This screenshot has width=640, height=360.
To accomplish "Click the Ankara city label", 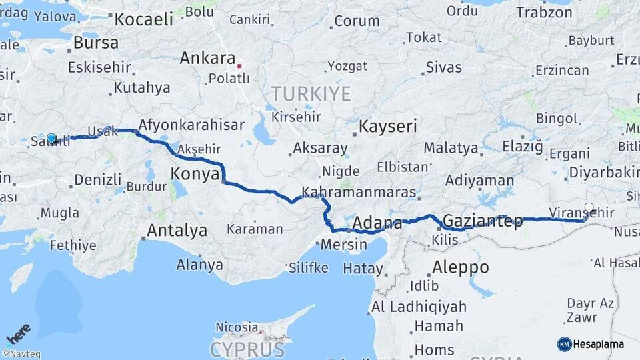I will [x=207, y=58].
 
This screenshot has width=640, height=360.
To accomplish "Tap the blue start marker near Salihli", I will [x=52, y=139].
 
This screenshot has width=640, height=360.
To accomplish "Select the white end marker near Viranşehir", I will [x=589, y=207].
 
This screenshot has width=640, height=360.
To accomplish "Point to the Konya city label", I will [x=195, y=174].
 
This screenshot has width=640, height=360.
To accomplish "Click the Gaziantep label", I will [x=483, y=221].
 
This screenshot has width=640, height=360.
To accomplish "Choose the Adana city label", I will [x=377, y=223].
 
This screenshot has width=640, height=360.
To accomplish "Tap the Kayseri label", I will [x=388, y=125].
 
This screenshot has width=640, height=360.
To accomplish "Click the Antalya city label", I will [x=177, y=231].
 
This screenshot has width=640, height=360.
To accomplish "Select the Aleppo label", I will [x=460, y=267].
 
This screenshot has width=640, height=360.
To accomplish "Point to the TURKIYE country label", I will [x=310, y=94].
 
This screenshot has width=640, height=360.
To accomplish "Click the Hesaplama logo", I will [x=591, y=344].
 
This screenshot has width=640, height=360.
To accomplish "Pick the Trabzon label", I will [x=545, y=13].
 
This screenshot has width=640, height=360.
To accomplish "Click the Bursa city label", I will [x=96, y=43].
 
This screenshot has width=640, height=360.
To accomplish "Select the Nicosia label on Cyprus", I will [x=237, y=327].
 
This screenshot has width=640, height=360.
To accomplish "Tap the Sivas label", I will [x=443, y=67].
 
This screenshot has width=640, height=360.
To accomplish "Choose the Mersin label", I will [x=344, y=244].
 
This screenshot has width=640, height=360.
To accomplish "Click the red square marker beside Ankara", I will [x=239, y=66].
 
